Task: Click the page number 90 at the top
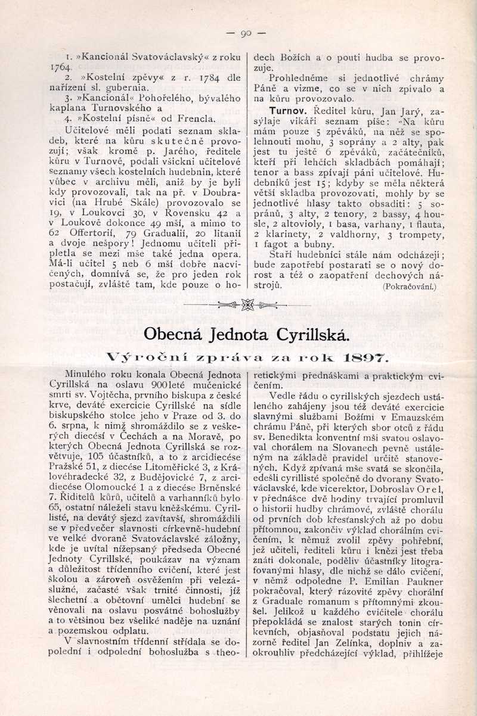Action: [246, 33]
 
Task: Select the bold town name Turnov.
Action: [287, 111]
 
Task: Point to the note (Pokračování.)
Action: [410, 287]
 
